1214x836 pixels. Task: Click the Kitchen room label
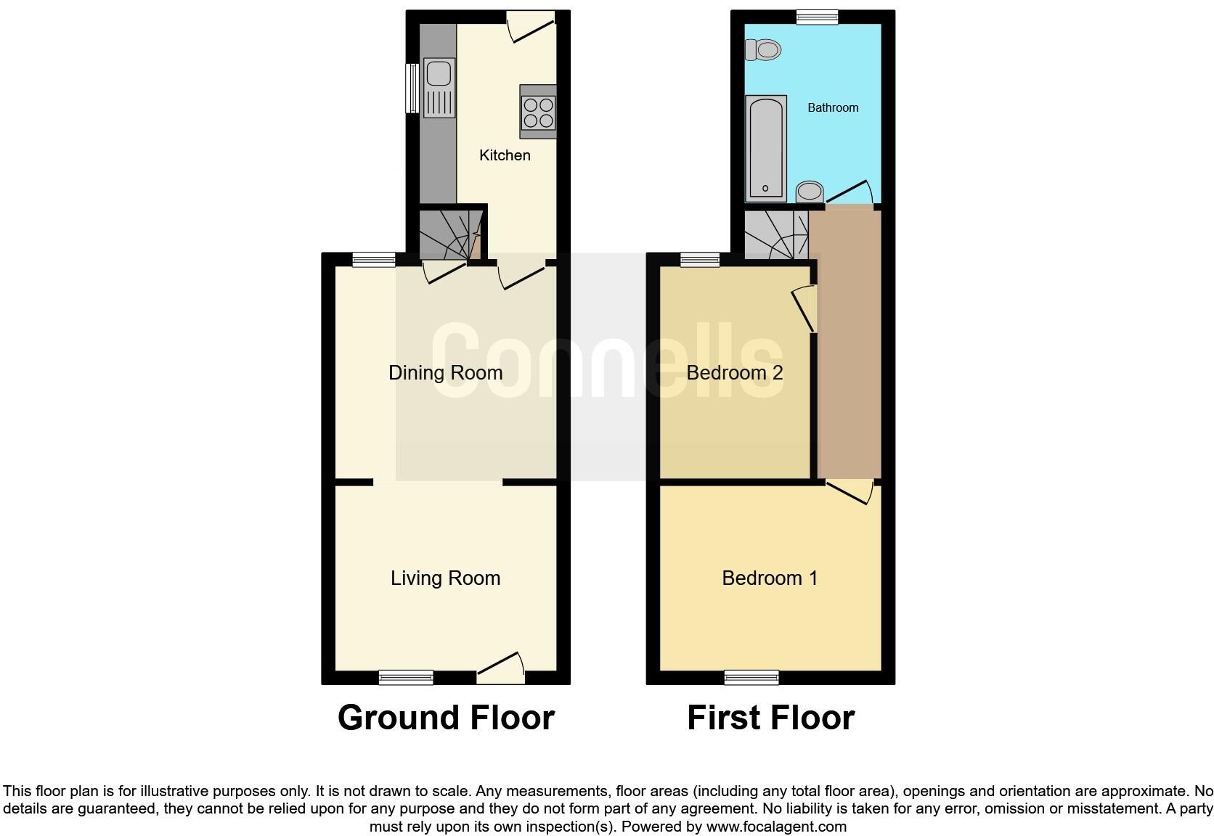[x=505, y=155]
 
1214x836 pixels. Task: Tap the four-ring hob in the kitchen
[x=538, y=112]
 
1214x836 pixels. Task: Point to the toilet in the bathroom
[x=763, y=50]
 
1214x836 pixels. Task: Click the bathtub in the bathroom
[x=766, y=148]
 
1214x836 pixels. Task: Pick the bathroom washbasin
[x=810, y=192]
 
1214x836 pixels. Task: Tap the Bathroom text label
[x=833, y=108]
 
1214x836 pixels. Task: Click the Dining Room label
[x=445, y=373]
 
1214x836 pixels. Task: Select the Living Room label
[x=445, y=578]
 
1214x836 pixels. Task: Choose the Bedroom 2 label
[x=734, y=373]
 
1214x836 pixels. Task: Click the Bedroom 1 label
[x=770, y=578]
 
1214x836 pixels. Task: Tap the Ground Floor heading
[x=446, y=718]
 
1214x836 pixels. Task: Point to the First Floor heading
[x=770, y=718]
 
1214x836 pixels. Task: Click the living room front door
[x=501, y=669]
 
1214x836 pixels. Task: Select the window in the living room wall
[x=406, y=678]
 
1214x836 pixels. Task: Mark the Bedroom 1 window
[x=751, y=678]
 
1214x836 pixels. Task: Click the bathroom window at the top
[x=817, y=17]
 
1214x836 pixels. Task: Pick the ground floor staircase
[x=451, y=234]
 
